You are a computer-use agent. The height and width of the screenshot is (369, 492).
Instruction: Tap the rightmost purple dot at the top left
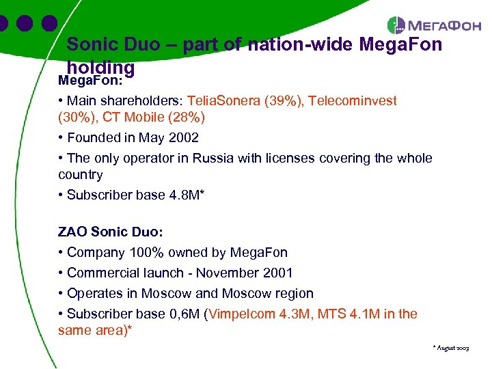tap(49, 23)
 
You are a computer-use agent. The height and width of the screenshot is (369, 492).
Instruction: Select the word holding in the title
tap(100, 68)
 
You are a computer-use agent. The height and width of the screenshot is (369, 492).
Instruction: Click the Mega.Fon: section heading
tap(88, 81)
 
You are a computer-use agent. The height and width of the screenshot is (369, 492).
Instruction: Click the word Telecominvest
tap(352, 101)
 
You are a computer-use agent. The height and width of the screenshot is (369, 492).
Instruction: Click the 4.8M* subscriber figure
tap(187, 195)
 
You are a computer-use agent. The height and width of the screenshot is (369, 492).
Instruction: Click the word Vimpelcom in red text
tap(243, 314)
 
